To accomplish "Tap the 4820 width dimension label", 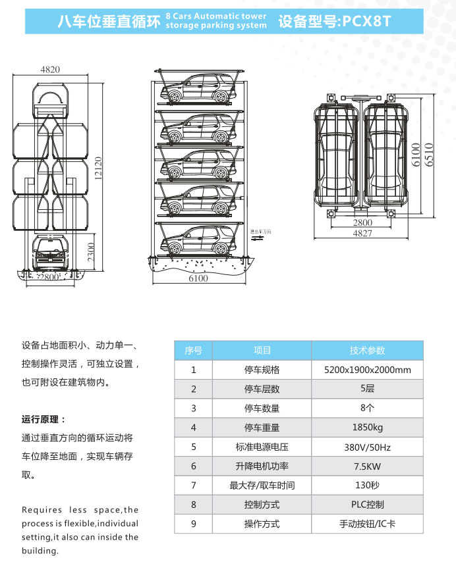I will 50,69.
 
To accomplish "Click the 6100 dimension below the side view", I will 198,278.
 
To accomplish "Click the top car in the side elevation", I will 198,89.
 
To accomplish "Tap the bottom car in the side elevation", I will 198,241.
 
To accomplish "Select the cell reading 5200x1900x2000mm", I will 367,370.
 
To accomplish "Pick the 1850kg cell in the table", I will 367,428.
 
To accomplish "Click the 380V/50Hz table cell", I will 367,447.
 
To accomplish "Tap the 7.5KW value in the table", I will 367,466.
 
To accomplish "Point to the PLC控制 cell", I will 367,505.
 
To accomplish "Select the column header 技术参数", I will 367,351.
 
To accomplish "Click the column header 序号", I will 193,351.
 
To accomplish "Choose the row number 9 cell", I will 193,524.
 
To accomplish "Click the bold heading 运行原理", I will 44,419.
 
